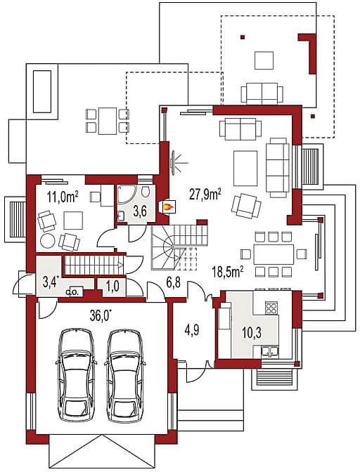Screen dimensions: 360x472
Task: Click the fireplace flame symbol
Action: [168, 206]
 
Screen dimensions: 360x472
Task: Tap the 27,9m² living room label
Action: [205, 195]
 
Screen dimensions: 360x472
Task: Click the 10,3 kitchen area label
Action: [252, 332]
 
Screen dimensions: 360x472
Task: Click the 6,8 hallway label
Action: [173, 283]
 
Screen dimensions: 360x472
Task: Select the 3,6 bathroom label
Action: [140, 211]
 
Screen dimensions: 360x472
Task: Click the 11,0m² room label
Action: [63, 197]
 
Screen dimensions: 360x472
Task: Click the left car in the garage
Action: [77, 375]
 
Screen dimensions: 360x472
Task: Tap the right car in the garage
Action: [124, 375]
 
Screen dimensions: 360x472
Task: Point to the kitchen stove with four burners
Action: [271, 308]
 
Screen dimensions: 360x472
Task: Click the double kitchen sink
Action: [270, 351]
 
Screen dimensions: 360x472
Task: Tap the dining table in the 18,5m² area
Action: [274, 254]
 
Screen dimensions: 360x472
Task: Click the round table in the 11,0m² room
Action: [48, 241]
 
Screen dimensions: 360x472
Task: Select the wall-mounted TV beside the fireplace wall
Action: [173, 162]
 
